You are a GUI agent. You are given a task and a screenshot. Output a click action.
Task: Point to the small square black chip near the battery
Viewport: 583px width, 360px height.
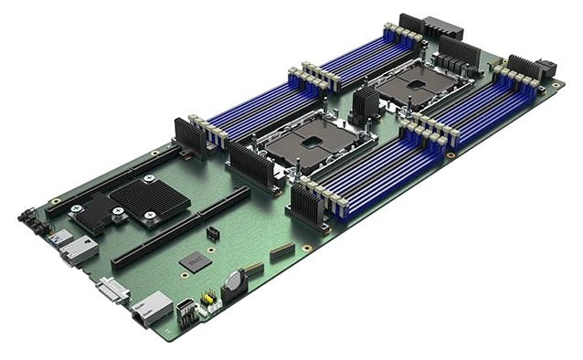[x=194, y=261]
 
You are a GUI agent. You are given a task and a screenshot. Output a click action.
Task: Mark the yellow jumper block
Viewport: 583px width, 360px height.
[x=208, y=298]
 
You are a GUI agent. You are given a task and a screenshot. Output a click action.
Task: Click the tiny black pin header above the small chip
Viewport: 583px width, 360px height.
[x=212, y=234]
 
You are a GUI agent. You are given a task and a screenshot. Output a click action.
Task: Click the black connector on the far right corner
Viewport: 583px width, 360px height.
[x=546, y=70]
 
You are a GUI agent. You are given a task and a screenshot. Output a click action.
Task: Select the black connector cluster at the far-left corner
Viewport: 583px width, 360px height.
[x=31, y=222]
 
